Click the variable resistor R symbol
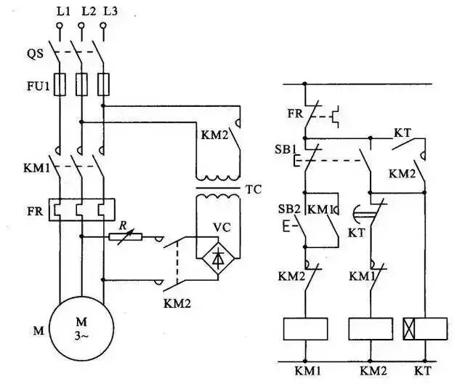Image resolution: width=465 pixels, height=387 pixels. [125, 236]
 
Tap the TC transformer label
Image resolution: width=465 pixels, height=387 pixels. [253, 190]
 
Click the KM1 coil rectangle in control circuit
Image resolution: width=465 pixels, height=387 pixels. [305, 329]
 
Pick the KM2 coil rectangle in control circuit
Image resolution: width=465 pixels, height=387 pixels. [371, 329]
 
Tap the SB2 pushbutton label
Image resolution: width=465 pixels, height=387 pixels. [288, 209]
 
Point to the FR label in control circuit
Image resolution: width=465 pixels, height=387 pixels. [294, 114]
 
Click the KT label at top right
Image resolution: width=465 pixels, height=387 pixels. [403, 132]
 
